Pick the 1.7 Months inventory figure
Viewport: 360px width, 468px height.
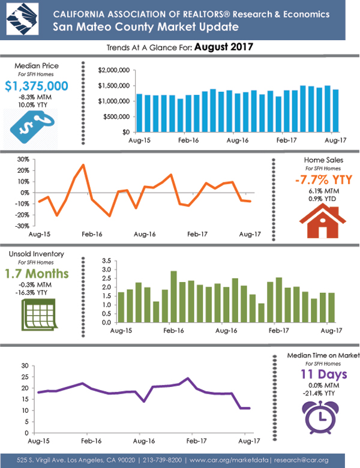click(x=38, y=274)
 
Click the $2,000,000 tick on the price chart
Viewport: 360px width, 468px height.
click(x=114, y=70)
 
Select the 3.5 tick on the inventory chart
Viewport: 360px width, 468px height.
click(x=107, y=261)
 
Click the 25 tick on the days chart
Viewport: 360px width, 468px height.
click(x=25, y=376)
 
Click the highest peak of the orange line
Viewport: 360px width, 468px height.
click(x=83, y=165)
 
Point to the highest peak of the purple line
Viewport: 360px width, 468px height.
click(x=188, y=379)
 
